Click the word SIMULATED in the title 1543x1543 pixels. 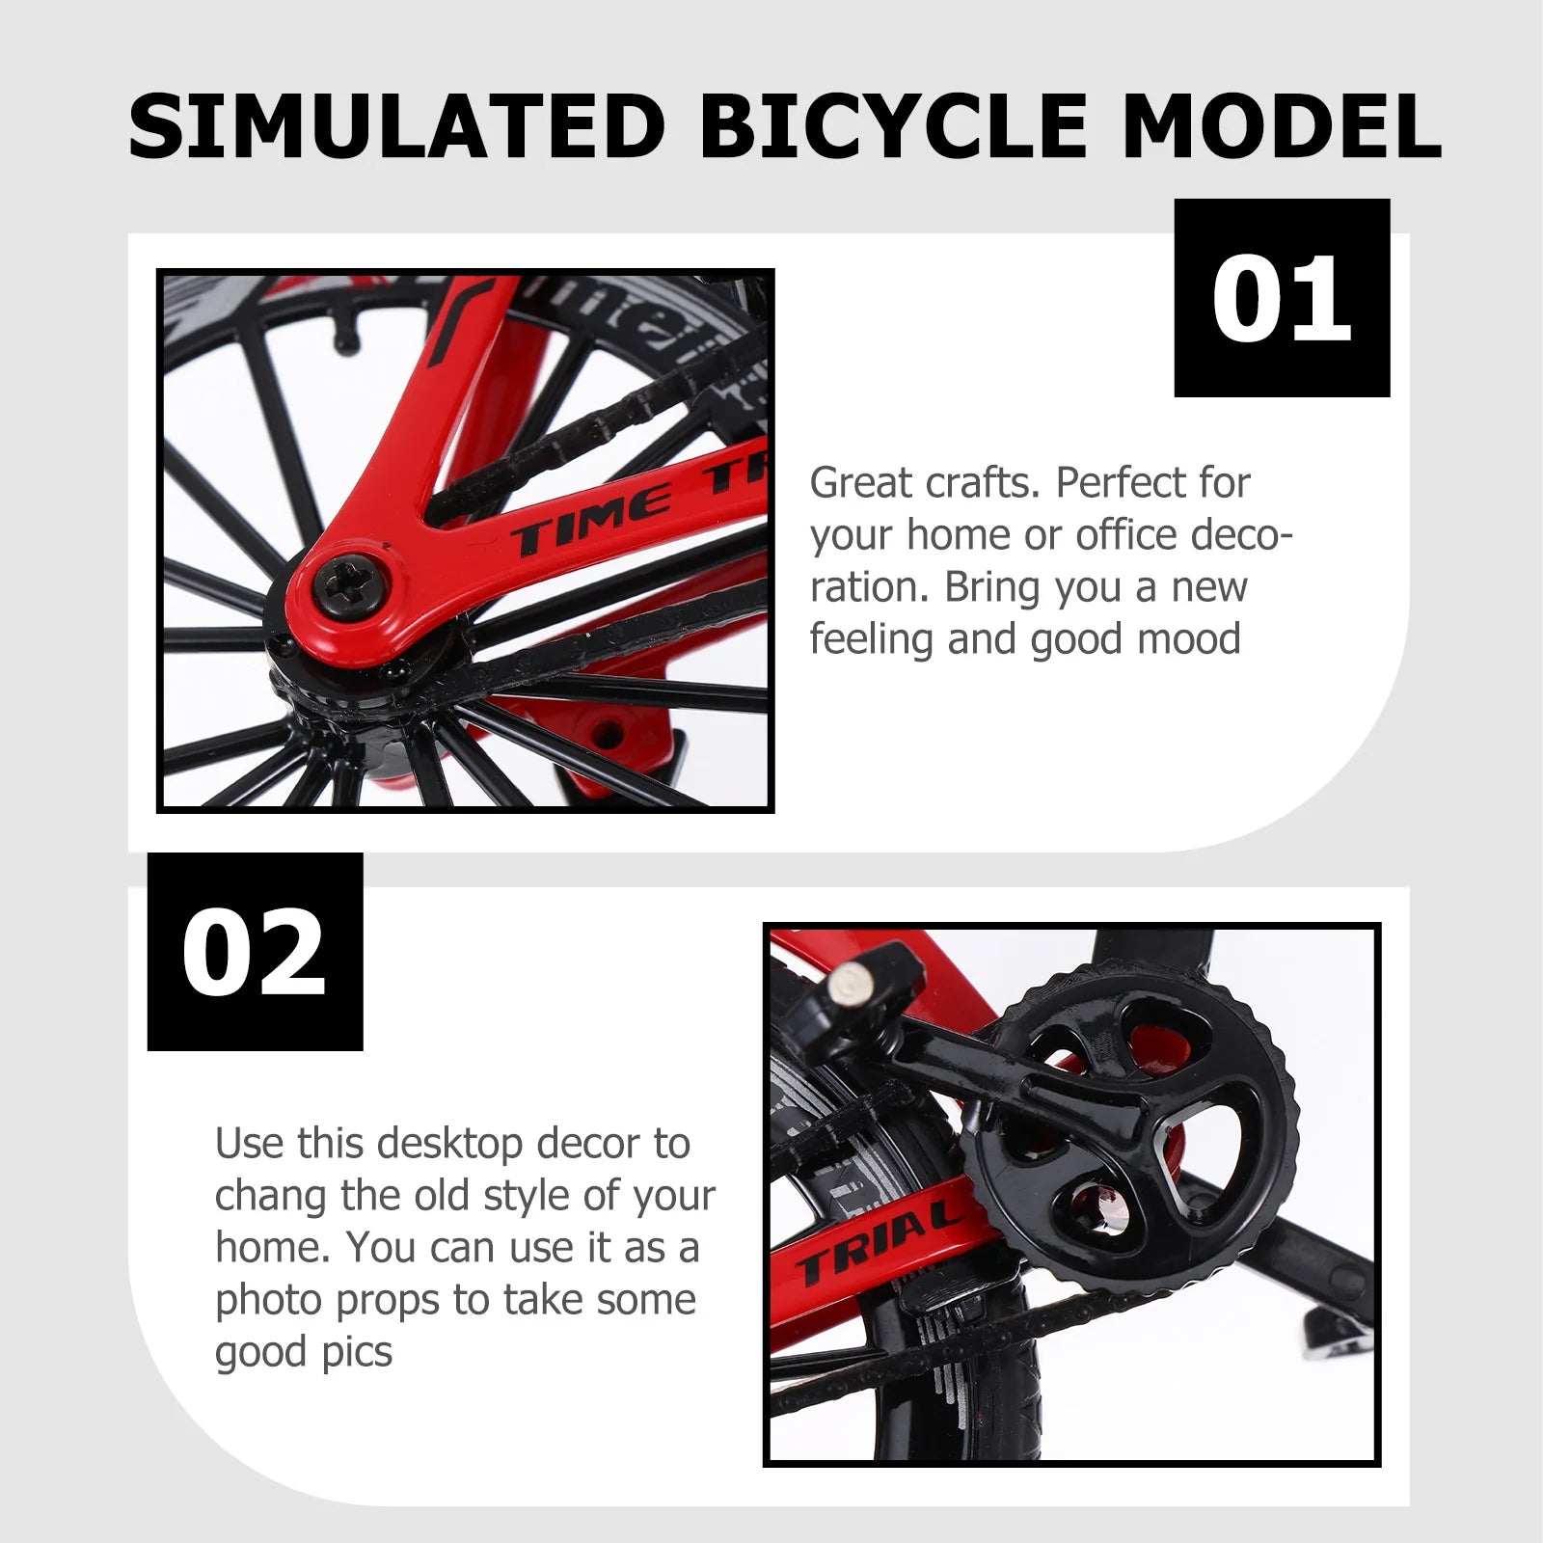point(396,126)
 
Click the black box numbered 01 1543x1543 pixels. point(1282,298)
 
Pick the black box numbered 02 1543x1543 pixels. point(255,952)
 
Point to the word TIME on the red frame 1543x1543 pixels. point(590,522)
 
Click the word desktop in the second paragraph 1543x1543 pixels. point(450,1144)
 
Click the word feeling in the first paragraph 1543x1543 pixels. point(872,639)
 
